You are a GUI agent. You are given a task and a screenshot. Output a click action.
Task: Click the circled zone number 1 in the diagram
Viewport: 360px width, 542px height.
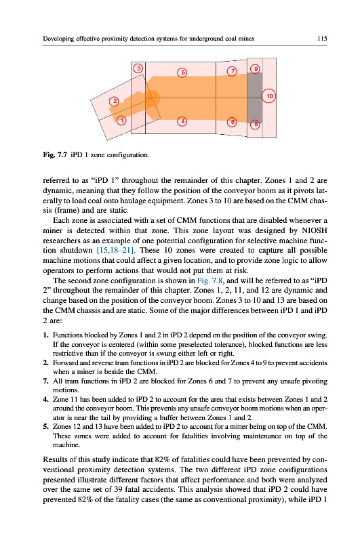[121, 121]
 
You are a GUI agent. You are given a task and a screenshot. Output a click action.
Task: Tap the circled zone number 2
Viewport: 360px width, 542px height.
[114, 102]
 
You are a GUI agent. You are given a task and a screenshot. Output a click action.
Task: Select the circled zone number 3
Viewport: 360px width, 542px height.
[138, 68]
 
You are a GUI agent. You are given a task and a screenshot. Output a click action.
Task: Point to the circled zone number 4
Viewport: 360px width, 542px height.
[182, 122]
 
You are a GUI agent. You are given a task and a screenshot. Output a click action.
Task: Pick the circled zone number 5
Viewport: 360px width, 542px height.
[182, 72]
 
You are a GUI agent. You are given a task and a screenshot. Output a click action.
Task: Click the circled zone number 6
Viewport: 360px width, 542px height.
[232, 122]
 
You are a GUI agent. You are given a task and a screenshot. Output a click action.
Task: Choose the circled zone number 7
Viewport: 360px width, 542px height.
[232, 71]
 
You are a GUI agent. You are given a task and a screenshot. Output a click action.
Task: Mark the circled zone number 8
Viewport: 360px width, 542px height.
[255, 124]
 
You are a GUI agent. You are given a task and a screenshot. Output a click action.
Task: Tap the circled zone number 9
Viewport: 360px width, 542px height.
[255, 69]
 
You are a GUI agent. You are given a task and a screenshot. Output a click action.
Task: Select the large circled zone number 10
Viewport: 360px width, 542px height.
[269, 96]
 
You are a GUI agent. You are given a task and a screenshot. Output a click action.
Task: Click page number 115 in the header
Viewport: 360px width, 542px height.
[322, 39]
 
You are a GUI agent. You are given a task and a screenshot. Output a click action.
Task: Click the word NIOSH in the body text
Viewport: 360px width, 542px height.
[315, 230]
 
